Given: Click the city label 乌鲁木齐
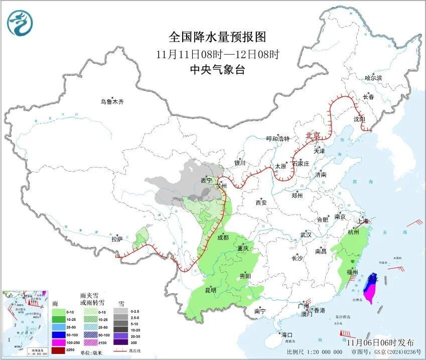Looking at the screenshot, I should tap(111, 102).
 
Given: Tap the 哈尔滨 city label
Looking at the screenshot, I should tap(373, 78).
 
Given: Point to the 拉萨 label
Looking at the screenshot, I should tap(117, 239).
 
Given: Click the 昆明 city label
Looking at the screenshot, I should tap(210, 290).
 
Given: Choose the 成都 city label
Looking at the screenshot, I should tap(222, 237).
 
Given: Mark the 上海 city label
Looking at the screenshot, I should tap(362, 221).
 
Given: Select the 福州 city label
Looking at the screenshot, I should tap(352, 272).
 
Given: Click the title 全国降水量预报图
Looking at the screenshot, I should tap(217, 37).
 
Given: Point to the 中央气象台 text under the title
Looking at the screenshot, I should tap(217, 70).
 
